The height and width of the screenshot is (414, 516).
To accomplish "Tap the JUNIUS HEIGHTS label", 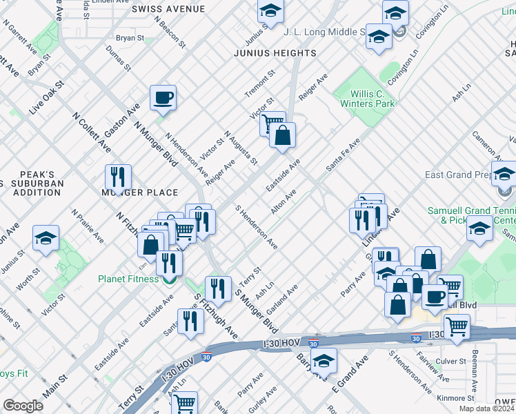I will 275,53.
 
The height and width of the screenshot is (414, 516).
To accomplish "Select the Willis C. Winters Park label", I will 367,97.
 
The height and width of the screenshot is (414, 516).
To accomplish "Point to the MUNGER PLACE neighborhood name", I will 140,193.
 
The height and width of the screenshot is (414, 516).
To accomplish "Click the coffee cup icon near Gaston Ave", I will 163,98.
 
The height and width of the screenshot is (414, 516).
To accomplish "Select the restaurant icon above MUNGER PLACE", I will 118,177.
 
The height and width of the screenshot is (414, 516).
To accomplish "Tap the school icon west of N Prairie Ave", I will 46,238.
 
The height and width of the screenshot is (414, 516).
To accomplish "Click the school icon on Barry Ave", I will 324,360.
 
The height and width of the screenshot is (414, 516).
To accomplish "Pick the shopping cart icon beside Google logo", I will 183,402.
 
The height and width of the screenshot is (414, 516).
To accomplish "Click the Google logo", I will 23,406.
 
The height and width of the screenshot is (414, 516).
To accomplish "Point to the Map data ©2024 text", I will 486,408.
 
